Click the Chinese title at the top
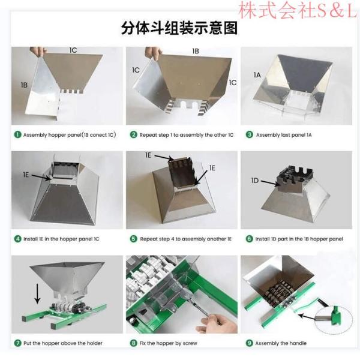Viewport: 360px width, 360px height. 179,28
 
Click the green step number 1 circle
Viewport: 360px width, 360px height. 18,135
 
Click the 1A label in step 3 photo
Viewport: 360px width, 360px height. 257,75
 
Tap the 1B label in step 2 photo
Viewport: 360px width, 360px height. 196,52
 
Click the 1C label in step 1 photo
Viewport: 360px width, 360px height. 72,49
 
